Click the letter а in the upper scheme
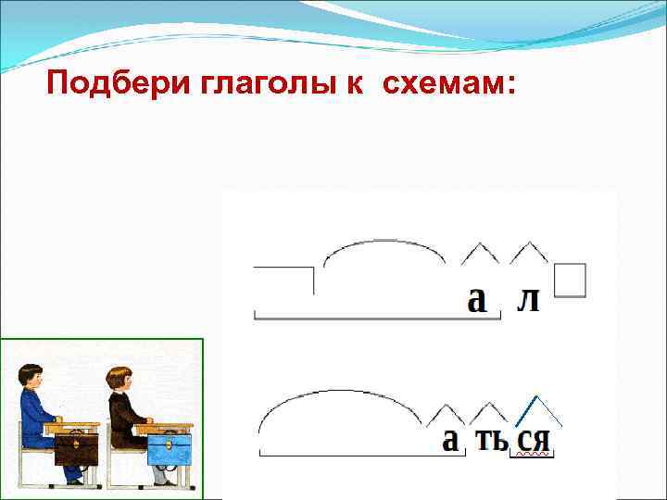point(476,300)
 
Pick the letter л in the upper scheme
point(527,300)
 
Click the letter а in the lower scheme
point(450,440)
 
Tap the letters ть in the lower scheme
point(490,440)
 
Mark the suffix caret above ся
point(537,407)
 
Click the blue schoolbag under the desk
point(170,448)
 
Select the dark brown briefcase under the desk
point(76,450)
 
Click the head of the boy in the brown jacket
point(118,380)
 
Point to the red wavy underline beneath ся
point(534,456)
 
